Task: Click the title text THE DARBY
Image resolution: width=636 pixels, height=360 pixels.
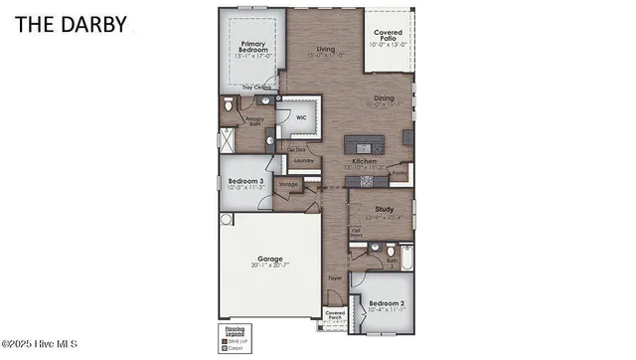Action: [x=71, y=25]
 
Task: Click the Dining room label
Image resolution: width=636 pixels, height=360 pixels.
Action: [x=384, y=97]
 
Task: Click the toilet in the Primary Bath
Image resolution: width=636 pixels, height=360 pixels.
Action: [x=229, y=103]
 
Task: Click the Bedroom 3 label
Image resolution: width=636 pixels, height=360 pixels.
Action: [x=242, y=180]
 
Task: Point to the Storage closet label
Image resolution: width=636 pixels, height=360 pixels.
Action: [x=288, y=184]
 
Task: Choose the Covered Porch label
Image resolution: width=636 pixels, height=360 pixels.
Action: [x=336, y=317]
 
